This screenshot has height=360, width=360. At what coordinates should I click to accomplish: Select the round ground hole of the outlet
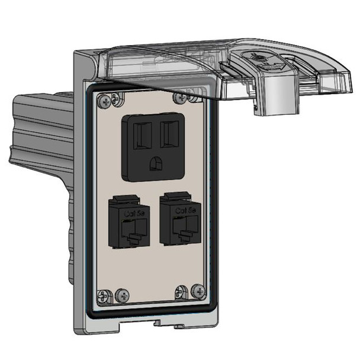click(x=156, y=162)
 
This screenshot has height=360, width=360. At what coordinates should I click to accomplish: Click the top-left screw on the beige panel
click(x=105, y=101)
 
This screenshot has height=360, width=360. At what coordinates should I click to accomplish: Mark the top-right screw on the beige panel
click(x=177, y=97)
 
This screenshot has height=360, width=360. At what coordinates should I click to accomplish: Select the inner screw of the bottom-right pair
click(x=179, y=291)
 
